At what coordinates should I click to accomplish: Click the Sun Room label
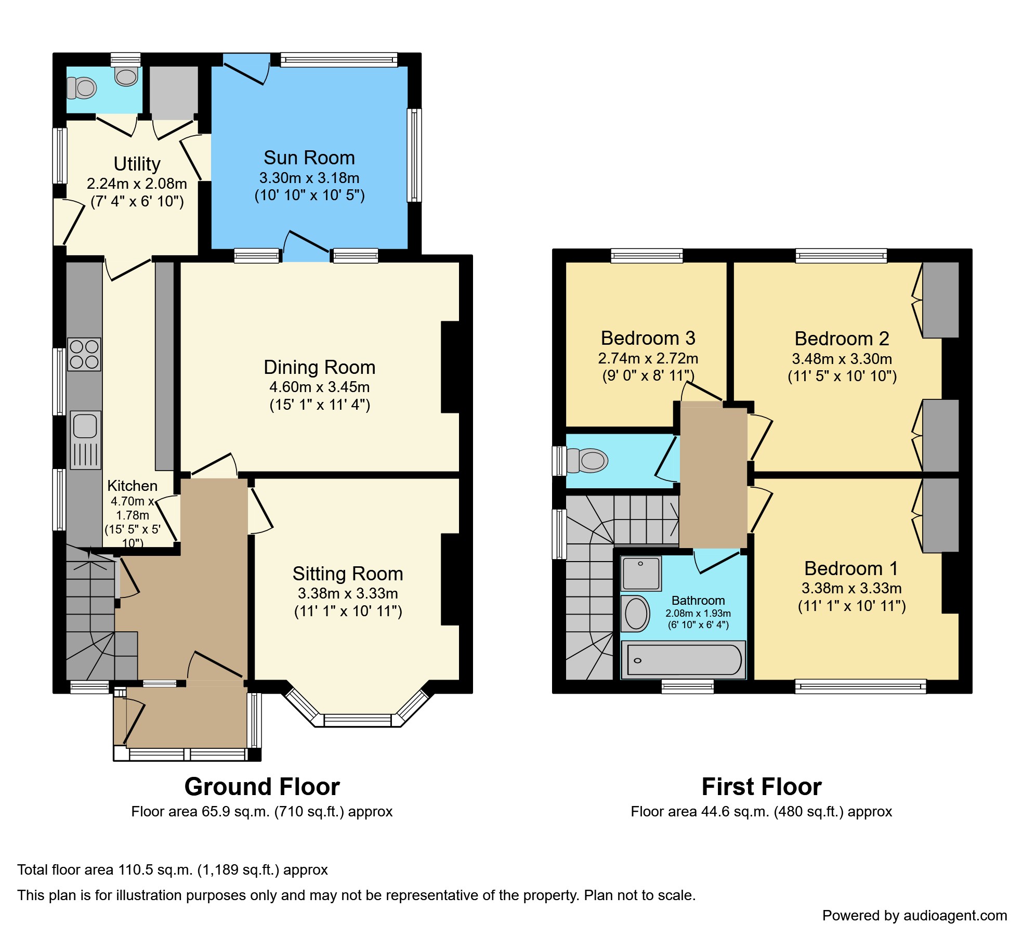pos(309,158)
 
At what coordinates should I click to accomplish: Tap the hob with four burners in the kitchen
pos(84,354)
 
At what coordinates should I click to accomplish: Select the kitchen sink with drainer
pos(85,440)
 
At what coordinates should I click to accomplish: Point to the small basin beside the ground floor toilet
pos(126,76)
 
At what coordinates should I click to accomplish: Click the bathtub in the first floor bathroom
pos(684,660)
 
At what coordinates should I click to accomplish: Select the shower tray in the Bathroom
pos(641,573)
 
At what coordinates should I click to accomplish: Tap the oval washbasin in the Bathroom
pos(636,614)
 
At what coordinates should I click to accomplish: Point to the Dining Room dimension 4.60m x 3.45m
pos(319,387)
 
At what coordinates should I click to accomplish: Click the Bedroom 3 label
pos(648,338)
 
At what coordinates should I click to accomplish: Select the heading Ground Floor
pos(262,787)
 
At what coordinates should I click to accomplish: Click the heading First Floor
pos(761,787)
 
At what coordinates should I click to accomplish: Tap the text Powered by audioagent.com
pos(914,915)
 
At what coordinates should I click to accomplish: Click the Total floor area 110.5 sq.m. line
pos(172,869)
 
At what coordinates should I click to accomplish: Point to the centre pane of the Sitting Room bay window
pos(358,720)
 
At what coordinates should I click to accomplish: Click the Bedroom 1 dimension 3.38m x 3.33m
pos(851,588)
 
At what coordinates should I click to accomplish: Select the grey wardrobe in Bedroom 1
pos(940,515)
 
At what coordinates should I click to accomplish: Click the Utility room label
pos(137,164)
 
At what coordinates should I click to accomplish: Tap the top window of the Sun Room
pos(339,60)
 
